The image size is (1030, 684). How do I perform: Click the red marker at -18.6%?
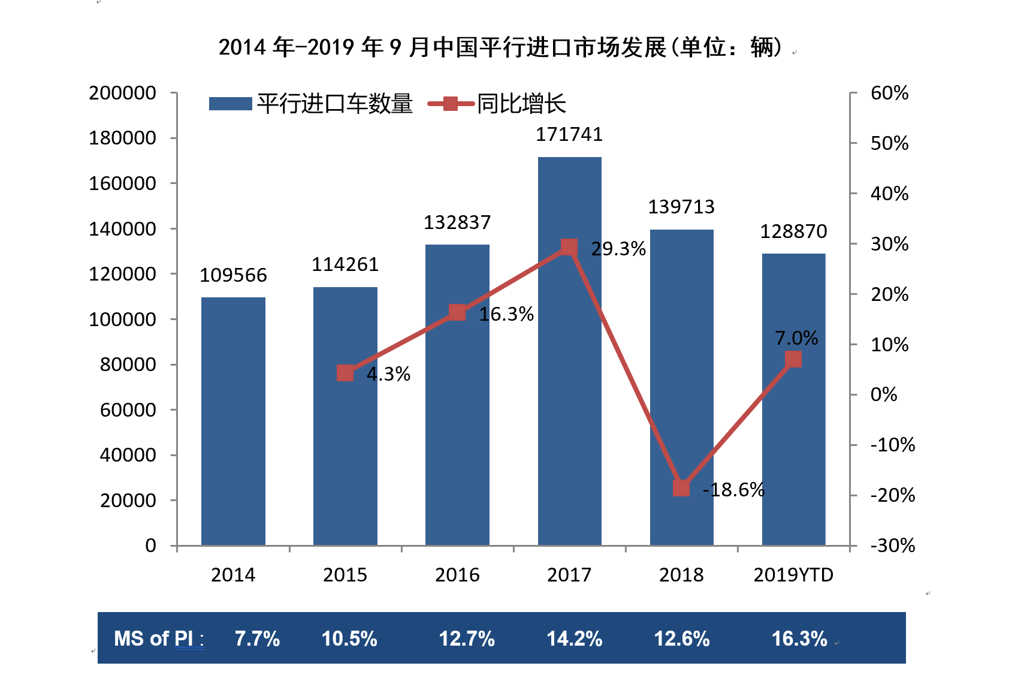pyautogui.click(x=681, y=488)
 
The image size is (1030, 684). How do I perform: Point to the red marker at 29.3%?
pyautogui.click(x=569, y=247)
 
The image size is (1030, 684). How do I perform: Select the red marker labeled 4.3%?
pyautogui.click(x=345, y=373)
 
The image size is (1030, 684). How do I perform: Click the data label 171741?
pyautogui.click(x=569, y=134)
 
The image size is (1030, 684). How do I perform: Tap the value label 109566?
pyautogui.click(x=233, y=275)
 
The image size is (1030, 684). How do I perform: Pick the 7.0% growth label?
pyautogui.click(x=796, y=338)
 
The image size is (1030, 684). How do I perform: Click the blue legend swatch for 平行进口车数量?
pyautogui.click(x=230, y=104)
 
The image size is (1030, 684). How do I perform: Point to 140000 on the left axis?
pyautogui.click(x=122, y=229)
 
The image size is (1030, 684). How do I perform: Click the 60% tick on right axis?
pyautogui.click(x=889, y=93)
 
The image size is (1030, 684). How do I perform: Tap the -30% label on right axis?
pyautogui.click(x=892, y=546)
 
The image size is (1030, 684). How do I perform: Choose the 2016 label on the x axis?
pyautogui.click(x=457, y=575)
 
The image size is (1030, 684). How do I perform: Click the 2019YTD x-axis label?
pyautogui.click(x=793, y=575)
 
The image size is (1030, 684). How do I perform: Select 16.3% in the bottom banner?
pyautogui.click(x=799, y=638)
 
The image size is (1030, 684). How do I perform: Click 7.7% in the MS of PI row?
pyautogui.click(x=257, y=638)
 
